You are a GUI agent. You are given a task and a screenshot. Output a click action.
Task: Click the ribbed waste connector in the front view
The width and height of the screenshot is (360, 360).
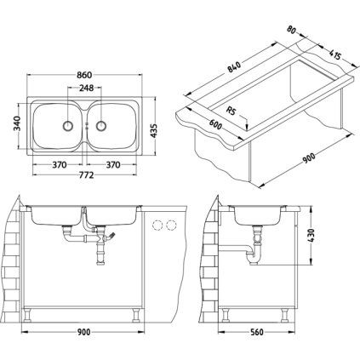pos(103,255)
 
